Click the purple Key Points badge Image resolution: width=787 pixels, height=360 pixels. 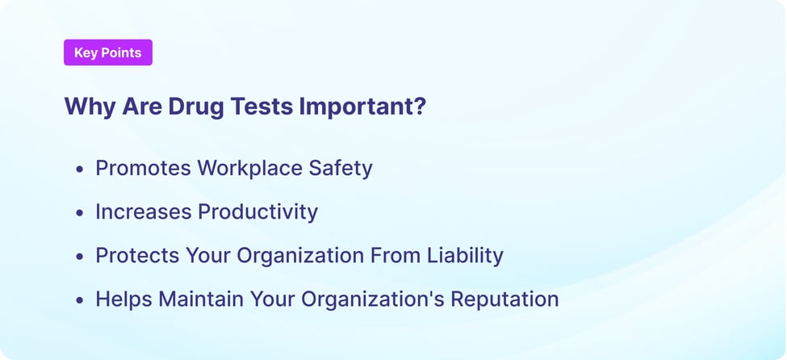coord(107,52)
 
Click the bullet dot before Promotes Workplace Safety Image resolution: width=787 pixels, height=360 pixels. coord(79,170)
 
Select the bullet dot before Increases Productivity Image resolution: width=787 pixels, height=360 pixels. coord(79,213)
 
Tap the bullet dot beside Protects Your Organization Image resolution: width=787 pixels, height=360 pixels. coord(79,257)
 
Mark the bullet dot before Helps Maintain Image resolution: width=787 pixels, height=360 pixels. coord(79,300)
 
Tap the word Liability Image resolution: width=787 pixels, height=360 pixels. coord(466,255)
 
